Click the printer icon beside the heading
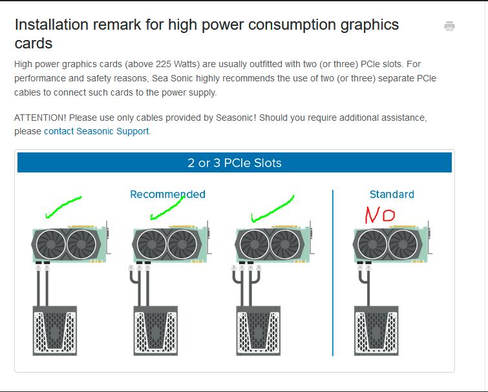tap(449, 26)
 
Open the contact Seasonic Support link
tap(96, 131)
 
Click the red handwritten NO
tap(379, 215)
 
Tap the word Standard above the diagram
tap(392, 194)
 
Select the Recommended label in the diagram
tap(167, 194)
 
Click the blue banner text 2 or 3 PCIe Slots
tap(235, 163)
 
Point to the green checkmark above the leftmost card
tap(63, 206)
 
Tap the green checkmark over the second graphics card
tap(167, 207)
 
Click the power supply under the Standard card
tap(376, 330)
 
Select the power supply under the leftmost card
tap(55, 330)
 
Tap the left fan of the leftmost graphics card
tap(50, 245)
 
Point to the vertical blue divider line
tap(333, 271)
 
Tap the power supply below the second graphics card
tap(156, 330)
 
